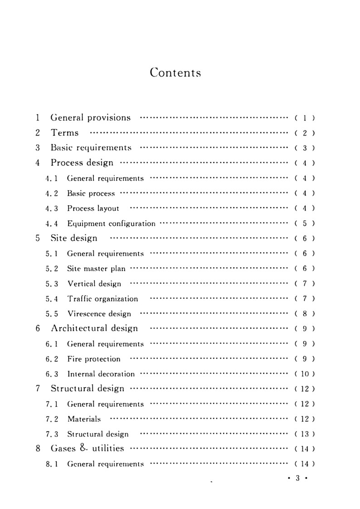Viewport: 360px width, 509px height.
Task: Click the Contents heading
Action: [x=175, y=73]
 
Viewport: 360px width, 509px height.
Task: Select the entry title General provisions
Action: [x=91, y=118]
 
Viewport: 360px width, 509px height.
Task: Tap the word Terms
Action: [x=65, y=133]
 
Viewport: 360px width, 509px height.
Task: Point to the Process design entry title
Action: [x=82, y=163]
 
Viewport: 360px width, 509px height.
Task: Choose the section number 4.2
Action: [x=52, y=194]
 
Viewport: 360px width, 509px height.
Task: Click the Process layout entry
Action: [x=93, y=208]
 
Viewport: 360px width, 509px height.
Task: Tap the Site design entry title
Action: [x=74, y=238]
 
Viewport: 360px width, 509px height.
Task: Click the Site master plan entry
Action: [x=96, y=268]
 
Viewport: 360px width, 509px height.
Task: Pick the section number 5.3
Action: [x=52, y=284]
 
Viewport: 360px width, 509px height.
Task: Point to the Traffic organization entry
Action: [x=102, y=299]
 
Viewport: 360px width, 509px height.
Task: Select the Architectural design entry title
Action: [x=94, y=328]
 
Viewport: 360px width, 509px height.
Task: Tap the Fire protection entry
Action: [x=94, y=359]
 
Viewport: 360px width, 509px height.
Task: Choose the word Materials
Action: [x=84, y=419]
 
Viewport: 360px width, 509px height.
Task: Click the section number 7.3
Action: [x=52, y=434]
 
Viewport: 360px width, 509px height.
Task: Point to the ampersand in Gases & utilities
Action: [x=85, y=448]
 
